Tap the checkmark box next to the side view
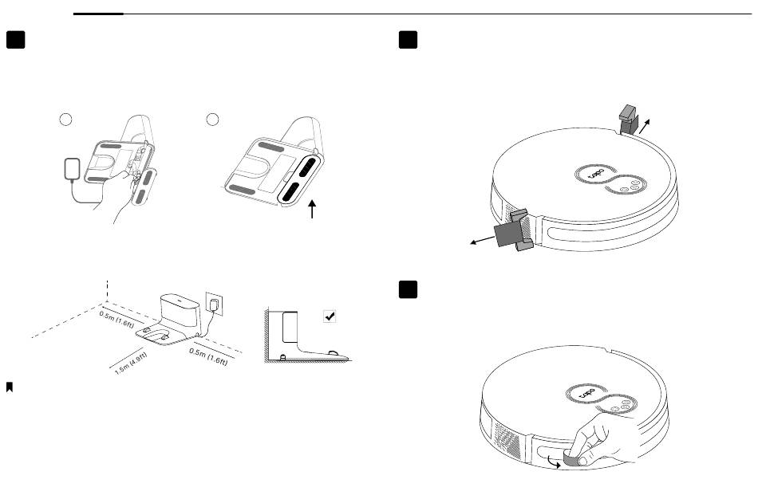(330, 316)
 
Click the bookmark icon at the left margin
(10, 387)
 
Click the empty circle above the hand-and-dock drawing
(67, 120)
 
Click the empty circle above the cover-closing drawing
(212, 120)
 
